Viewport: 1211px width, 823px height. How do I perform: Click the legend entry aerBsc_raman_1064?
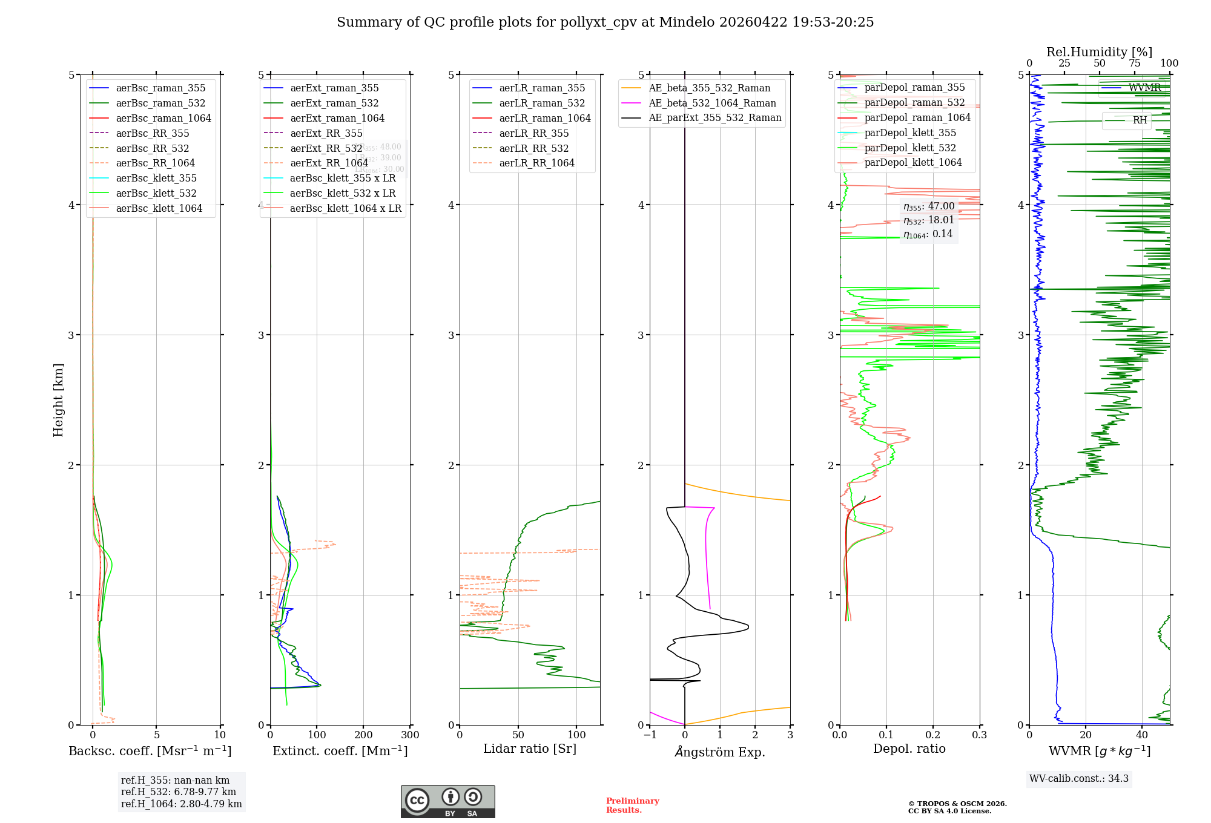(x=163, y=118)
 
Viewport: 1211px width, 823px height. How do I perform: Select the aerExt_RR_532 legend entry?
(x=326, y=148)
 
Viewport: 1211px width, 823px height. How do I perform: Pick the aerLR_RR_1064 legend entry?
(x=536, y=163)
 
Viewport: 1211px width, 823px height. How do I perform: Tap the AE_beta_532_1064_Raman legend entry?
(x=712, y=103)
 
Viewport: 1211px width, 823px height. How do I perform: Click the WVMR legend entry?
(x=1144, y=88)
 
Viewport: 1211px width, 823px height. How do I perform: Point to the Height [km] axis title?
(x=58, y=399)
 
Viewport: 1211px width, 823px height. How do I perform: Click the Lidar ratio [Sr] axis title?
(x=529, y=749)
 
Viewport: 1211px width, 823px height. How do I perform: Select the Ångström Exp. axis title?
(x=719, y=752)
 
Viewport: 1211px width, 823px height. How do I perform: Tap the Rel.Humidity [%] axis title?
(x=1099, y=52)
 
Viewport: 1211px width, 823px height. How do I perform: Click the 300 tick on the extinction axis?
(x=410, y=735)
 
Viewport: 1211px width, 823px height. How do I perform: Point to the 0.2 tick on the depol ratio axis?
(x=933, y=735)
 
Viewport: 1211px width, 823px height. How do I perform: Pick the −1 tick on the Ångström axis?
(x=650, y=735)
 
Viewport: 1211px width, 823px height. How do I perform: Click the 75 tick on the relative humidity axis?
(x=1134, y=64)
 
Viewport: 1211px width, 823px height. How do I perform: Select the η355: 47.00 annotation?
(x=928, y=206)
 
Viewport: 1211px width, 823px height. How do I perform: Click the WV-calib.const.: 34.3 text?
(x=1078, y=778)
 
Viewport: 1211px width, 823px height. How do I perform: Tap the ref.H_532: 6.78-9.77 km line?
(x=178, y=792)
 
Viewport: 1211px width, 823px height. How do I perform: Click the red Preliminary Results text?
(x=632, y=805)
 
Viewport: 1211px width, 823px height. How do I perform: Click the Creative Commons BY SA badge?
(x=447, y=801)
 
